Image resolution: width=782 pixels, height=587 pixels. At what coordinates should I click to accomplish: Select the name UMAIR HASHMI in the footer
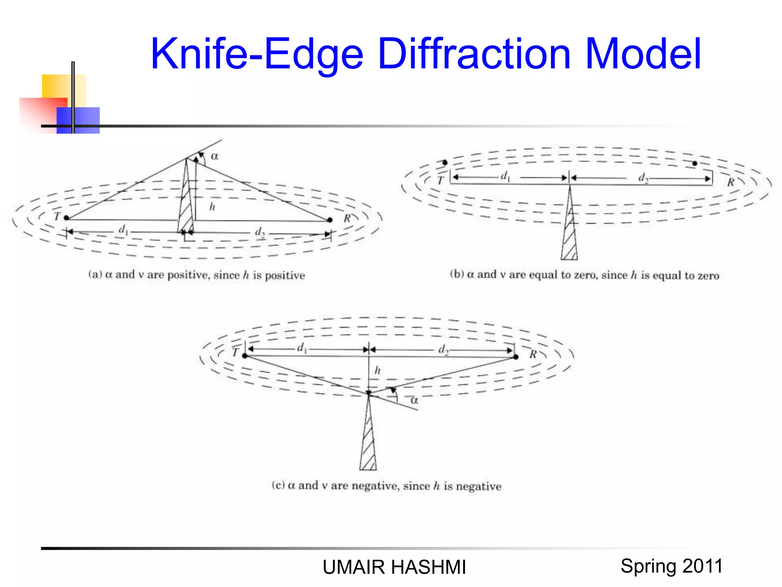[x=394, y=567]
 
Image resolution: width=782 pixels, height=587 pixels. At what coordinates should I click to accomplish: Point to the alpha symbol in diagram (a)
[x=215, y=156]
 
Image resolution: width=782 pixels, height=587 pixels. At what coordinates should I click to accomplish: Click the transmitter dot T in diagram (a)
[x=66, y=218]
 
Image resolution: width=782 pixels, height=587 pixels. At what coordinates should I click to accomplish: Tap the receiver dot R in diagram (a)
[x=330, y=220]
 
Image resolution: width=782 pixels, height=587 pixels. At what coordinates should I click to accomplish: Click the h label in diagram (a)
[x=212, y=207]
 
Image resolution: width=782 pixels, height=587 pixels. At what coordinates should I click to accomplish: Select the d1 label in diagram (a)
[x=123, y=229]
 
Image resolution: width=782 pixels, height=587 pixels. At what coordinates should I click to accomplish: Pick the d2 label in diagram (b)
[x=643, y=178]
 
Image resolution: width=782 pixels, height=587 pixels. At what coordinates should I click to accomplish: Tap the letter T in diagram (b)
[x=441, y=180]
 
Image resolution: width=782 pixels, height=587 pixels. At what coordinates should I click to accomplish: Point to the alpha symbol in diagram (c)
[x=414, y=401]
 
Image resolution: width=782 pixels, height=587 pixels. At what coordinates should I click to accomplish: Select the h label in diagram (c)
[x=377, y=370]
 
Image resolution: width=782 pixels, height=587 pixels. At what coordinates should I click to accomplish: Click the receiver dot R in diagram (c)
[x=516, y=357]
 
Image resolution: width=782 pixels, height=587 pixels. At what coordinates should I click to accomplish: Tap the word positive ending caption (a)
[x=285, y=276]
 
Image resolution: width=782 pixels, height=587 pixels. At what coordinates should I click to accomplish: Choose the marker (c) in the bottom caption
[x=278, y=485]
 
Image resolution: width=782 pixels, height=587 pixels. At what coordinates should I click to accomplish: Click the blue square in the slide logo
[x=78, y=120]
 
